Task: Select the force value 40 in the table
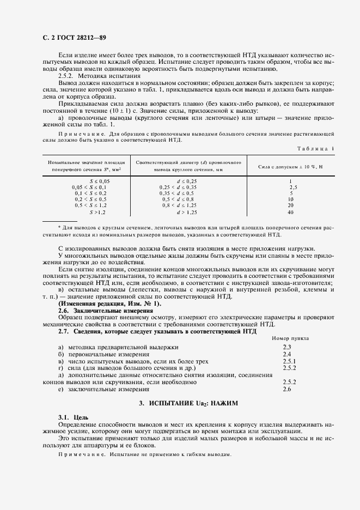(x=291, y=212)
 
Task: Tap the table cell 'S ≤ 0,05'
(x=99, y=181)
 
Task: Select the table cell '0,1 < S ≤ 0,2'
(x=91, y=193)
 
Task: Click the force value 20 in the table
(x=291, y=205)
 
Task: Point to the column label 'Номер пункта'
(x=290, y=338)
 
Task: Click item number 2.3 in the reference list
(x=287, y=347)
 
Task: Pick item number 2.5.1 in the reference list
(x=289, y=361)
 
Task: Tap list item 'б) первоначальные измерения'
(x=103, y=354)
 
